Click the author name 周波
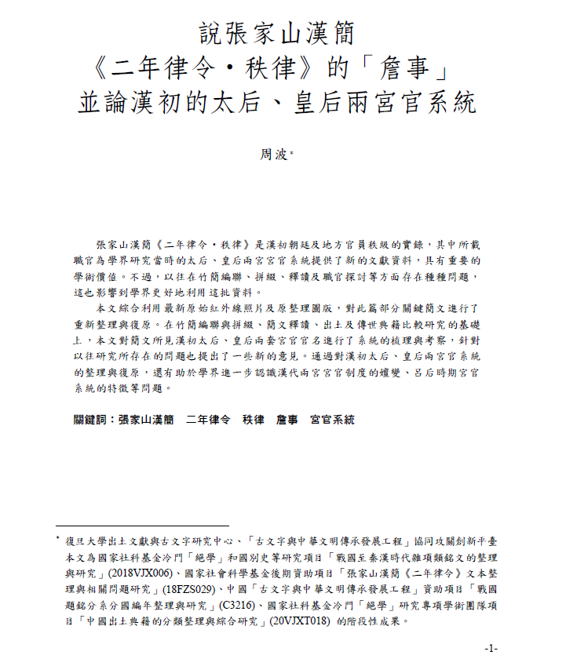[x=276, y=155]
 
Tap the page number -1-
[x=492, y=648]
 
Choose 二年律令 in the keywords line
[x=208, y=420]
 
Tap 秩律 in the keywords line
[x=254, y=420]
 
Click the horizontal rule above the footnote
[x=142, y=526]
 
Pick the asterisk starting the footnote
[x=57, y=539]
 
